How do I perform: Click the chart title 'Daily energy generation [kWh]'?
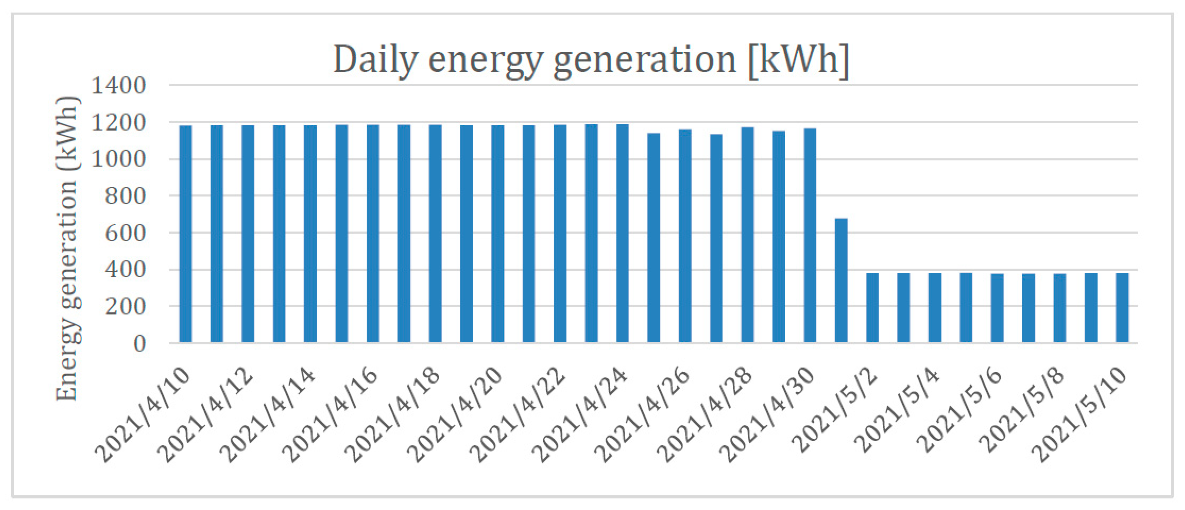click(591, 60)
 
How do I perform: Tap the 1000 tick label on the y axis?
click(119, 159)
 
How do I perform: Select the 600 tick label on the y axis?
click(125, 233)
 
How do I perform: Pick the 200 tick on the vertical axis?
click(125, 307)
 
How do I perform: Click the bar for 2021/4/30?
click(810, 235)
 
